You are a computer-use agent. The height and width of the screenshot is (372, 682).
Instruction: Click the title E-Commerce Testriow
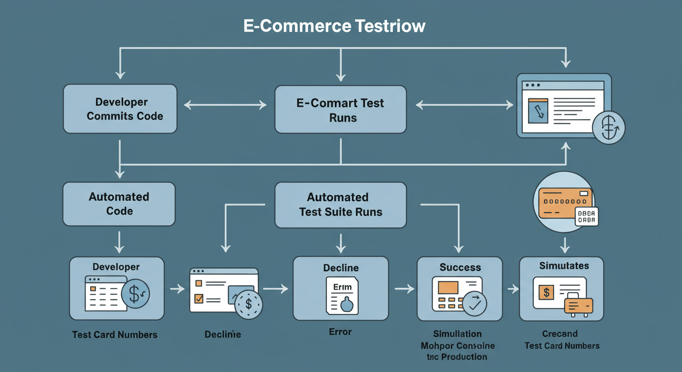(334, 26)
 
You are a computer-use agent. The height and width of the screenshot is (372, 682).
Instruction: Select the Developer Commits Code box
(120, 109)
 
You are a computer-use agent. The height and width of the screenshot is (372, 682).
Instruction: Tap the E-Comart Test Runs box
(341, 110)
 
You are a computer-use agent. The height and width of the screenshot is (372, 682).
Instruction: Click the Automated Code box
(119, 204)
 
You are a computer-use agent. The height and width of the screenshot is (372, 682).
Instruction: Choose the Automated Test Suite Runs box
(341, 205)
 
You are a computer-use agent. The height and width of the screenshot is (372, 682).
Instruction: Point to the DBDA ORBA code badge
(586, 217)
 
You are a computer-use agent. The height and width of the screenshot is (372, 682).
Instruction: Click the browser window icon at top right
(562, 104)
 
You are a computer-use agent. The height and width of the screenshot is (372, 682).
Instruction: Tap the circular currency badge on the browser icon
(609, 128)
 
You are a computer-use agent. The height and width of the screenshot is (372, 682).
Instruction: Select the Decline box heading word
(341, 268)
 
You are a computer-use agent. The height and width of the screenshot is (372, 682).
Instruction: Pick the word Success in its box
(460, 267)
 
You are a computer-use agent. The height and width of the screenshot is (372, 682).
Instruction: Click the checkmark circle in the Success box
(474, 303)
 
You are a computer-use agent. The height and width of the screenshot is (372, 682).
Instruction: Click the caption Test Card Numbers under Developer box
(115, 335)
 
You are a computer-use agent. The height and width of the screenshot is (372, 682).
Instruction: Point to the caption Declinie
(222, 334)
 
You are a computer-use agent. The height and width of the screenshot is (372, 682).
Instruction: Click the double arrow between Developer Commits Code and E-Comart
(225, 105)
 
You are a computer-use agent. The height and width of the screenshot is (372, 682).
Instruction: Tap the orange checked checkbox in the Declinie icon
(199, 298)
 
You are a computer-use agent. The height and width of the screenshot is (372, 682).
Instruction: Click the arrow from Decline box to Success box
(404, 289)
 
